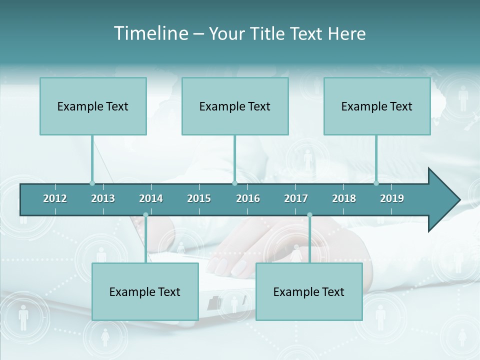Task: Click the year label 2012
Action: click(x=55, y=198)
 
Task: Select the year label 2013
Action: click(x=103, y=198)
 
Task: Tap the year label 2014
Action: click(x=151, y=198)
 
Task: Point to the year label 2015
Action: click(x=199, y=198)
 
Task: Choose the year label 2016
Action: click(x=248, y=198)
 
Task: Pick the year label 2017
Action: click(x=296, y=198)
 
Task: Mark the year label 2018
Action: click(x=344, y=198)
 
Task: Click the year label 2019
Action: click(x=392, y=198)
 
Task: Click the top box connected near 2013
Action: click(x=93, y=106)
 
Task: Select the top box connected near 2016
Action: click(x=235, y=106)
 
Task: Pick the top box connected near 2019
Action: click(x=377, y=106)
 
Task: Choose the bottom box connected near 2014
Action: click(x=145, y=291)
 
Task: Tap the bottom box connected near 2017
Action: click(x=309, y=291)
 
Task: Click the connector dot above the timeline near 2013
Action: click(x=92, y=183)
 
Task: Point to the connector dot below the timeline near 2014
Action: click(x=145, y=215)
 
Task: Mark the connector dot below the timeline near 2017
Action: click(x=309, y=215)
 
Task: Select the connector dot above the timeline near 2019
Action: click(x=376, y=183)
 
